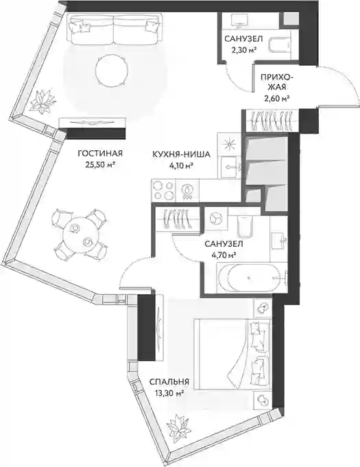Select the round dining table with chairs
79,234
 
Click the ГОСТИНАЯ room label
100,154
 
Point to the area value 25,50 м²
100,165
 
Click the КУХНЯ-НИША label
181,154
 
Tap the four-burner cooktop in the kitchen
163,190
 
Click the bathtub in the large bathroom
249,278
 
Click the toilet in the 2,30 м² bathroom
279,45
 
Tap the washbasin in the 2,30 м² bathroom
241,21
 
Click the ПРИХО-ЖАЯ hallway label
276,82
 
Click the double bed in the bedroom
232,354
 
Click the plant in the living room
43,101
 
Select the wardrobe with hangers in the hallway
270,121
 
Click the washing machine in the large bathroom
216,219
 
